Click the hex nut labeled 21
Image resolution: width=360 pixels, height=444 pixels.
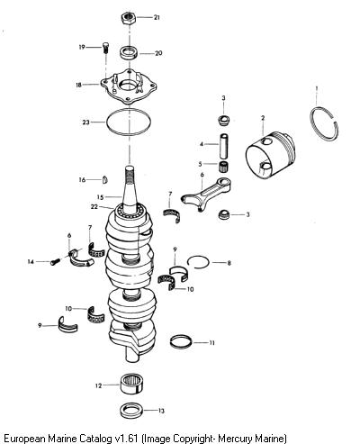click(130, 18)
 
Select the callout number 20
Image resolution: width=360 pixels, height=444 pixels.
click(158, 53)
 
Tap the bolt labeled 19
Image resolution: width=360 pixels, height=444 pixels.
click(105, 48)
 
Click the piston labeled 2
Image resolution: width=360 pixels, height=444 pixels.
click(270, 155)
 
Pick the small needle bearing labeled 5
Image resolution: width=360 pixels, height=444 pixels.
click(223, 166)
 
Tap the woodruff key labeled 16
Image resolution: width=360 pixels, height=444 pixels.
click(104, 179)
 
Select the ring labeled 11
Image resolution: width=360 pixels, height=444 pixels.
click(181, 341)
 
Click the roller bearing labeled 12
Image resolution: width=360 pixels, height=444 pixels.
click(131, 385)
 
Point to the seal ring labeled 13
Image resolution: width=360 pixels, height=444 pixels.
click(131, 411)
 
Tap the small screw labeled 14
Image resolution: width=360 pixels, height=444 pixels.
click(55, 262)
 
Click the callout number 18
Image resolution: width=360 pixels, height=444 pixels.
click(78, 85)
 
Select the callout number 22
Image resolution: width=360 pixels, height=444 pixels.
click(94, 207)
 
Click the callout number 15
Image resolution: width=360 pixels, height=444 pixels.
click(100, 197)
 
